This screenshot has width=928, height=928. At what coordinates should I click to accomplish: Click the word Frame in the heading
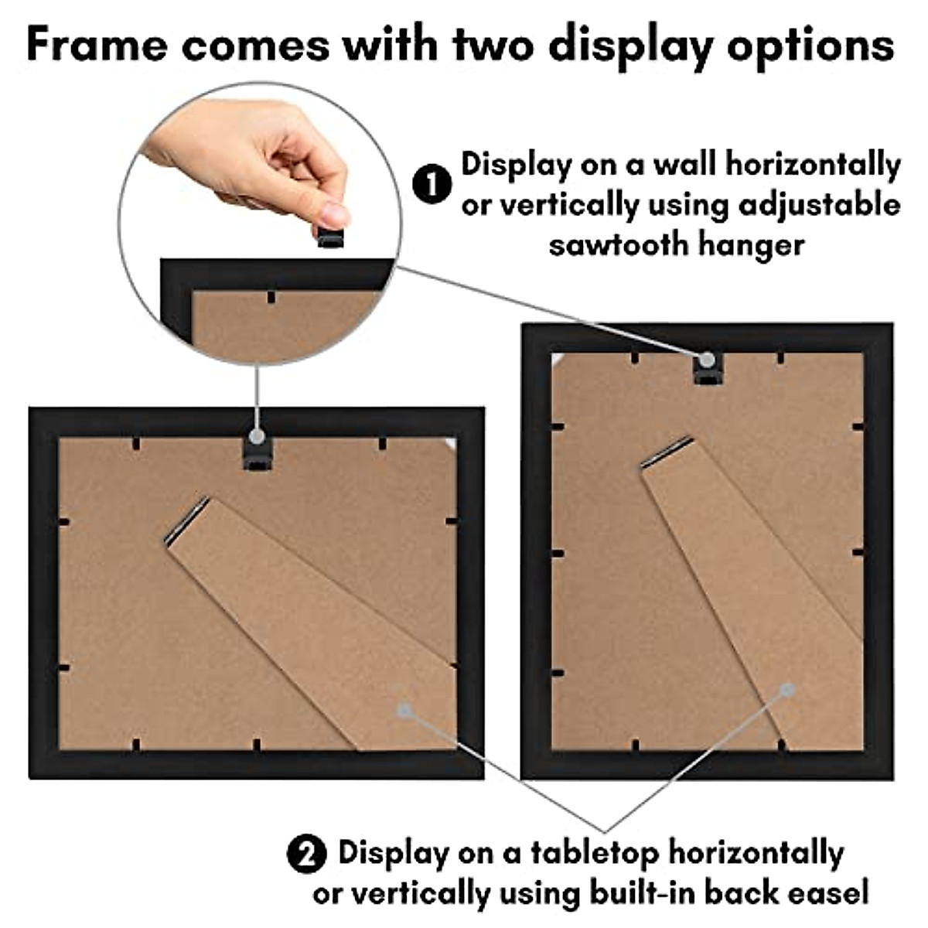(x=97, y=44)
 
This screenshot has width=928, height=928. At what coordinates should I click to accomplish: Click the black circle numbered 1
(x=432, y=186)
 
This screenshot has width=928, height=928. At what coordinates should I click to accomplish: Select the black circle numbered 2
(x=306, y=855)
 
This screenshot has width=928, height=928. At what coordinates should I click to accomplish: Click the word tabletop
(x=595, y=854)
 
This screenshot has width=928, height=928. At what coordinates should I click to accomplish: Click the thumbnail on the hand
(x=334, y=213)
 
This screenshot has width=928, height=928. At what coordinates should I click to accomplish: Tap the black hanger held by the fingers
(x=331, y=235)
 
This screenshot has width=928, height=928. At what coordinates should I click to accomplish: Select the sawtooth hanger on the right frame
(x=707, y=370)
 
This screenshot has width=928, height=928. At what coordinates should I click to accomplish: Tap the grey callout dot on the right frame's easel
(x=787, y=689)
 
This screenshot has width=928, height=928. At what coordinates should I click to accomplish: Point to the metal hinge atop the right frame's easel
(x=667, y=452)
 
